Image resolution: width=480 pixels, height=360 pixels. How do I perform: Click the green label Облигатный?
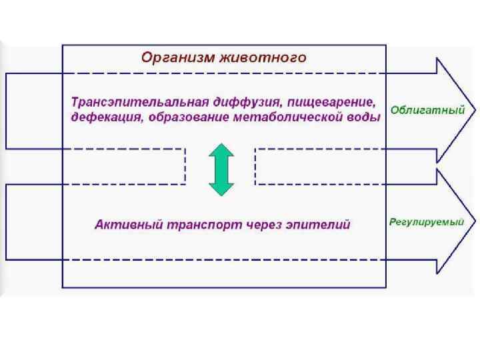click(427, 110)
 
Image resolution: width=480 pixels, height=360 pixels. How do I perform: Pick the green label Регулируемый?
click(426, 222)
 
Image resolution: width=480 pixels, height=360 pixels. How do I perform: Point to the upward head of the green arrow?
click(220, 147)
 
